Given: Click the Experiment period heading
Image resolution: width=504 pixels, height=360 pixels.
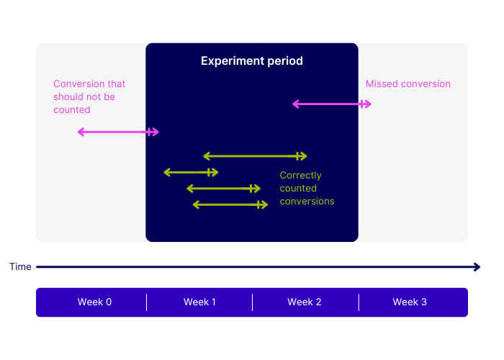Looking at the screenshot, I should (x=252, y=61).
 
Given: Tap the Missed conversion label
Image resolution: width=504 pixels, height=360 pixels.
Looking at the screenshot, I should (x=408, y=84).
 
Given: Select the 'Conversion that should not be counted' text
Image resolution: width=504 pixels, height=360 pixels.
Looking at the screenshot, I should (x=89, y=96).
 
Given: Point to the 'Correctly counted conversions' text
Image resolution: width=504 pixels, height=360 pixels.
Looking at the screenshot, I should (x=307, y=188).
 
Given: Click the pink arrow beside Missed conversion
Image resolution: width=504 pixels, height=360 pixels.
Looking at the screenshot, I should (x=332, y=104).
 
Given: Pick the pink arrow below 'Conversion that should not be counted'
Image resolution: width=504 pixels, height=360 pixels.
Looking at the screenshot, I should (x=118, y=132).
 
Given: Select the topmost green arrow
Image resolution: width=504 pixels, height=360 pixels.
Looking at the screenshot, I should (x=255, y=156).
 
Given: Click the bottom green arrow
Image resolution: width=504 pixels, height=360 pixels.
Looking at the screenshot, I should (x=230, y=204).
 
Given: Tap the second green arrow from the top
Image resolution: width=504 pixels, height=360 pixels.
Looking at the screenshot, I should (x=191, y=172).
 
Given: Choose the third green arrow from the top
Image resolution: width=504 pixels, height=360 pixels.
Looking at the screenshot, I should (x=223, y=189).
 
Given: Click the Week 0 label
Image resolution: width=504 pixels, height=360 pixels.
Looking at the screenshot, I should (x=94, y=302).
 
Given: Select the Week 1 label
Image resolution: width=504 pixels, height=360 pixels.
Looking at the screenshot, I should (x=199, y=302).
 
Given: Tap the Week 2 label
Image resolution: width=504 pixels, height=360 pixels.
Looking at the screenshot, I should (x=305, y=302).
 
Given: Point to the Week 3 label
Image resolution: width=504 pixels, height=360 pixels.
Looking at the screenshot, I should (x=410, y=302).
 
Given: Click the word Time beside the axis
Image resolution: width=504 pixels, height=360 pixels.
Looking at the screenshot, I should (x=20, y=267).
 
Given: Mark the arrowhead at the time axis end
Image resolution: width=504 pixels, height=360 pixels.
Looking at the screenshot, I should (x=477, y=267).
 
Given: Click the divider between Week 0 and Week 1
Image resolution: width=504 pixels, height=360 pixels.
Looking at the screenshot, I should (x=147, y=302).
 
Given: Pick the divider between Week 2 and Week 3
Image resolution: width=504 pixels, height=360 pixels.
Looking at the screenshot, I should (x=359, y=302).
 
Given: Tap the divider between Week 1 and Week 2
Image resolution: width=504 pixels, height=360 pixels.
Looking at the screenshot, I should (x=253, y=302).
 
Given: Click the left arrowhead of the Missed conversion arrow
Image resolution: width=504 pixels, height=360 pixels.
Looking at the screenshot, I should (x=295, y=104).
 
